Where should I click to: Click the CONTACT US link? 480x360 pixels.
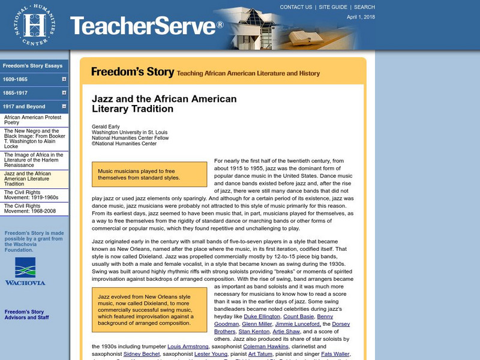[296, 7]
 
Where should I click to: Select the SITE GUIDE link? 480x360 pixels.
[333, 7]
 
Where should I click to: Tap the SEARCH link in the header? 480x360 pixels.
[364, 7]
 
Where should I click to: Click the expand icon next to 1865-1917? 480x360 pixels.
[64, 93]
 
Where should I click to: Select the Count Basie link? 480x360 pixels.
[299, 316]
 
